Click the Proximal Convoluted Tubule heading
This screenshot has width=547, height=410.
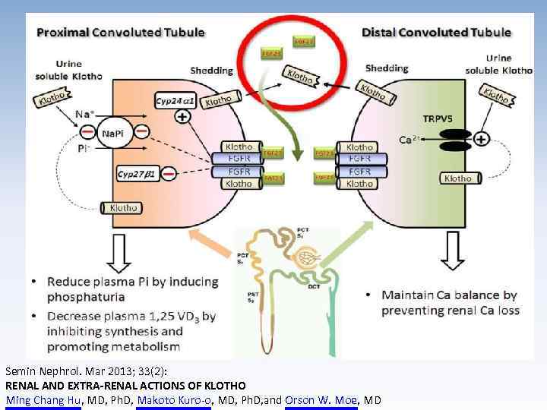(x=121, y=32)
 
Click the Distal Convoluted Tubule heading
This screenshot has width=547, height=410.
(x=436, y=33)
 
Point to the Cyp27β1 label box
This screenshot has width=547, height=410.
(x=138, y=174)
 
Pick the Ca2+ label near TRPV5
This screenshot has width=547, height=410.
(x=408, y=140)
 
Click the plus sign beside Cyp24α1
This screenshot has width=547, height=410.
(x=183, y=117)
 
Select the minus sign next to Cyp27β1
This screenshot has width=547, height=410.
(x=169, y=174)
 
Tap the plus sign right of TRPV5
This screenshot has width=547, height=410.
(x=482, y=139)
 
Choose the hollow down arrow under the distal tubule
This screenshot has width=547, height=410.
(x=454, y=251)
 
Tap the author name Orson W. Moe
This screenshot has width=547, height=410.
(x=321, y=400)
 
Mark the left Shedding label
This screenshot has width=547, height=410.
(x=211, y=71)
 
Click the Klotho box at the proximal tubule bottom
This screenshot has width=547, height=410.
(x=123, y=207)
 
